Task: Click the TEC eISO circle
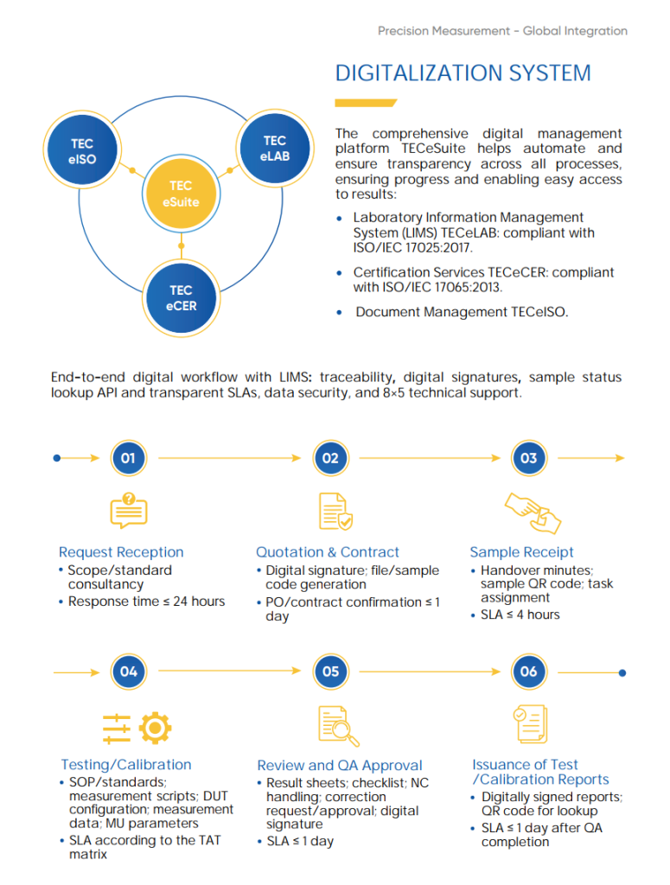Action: (82, 150)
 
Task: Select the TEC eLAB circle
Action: (275, 148)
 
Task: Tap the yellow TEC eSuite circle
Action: (182, 194)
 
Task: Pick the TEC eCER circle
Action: (182, 298)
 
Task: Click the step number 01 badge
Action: (129, 458)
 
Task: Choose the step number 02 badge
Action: (331, 458)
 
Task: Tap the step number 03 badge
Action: (529, 458)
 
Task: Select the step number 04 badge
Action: (129, 671)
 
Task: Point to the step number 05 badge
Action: (331, 671)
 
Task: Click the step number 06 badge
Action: (529, 671)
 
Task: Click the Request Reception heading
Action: (121, 552)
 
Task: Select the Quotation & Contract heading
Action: (328, 552)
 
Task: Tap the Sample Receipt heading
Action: (521, 552)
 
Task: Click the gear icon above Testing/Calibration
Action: (156, 728)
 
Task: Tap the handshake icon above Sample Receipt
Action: (533, 513)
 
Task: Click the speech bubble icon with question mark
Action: (129, 510)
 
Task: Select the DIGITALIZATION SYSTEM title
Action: (463, 73)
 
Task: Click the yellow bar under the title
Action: (366, 103)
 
